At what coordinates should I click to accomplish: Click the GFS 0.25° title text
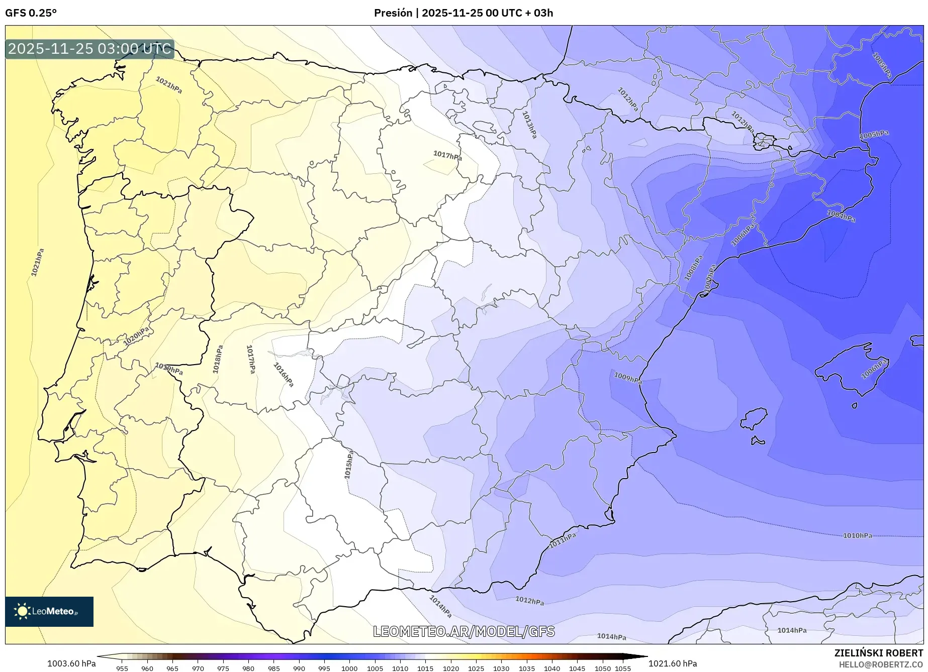coord(31,13)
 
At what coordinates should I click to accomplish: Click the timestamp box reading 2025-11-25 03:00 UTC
coord(89,49)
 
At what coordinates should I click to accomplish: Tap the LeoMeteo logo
coord(49,611)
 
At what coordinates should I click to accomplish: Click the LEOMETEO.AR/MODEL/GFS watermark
coord(463,631)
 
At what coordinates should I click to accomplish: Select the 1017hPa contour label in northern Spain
coord(447,156)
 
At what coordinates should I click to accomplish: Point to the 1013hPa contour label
coord(529,125)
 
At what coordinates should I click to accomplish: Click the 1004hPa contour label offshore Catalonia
coord(841,216)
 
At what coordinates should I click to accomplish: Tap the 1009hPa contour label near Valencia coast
coord(627,378)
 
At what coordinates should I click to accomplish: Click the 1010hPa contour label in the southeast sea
coord(857,535)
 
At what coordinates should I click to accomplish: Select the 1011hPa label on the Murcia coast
coord(562,540)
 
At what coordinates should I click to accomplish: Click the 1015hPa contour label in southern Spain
coord(348,465)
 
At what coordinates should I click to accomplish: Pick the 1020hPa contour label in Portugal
coord(136,336)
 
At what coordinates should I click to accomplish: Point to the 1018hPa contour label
coord(217,359)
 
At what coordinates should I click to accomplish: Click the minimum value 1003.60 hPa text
coord(71,663)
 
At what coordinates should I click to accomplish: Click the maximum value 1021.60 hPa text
coord(673,663)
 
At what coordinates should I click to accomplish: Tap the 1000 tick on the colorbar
coord(349,668)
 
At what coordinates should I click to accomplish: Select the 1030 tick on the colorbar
coord(501,668)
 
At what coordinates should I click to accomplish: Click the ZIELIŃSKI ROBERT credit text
coord(878,653)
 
